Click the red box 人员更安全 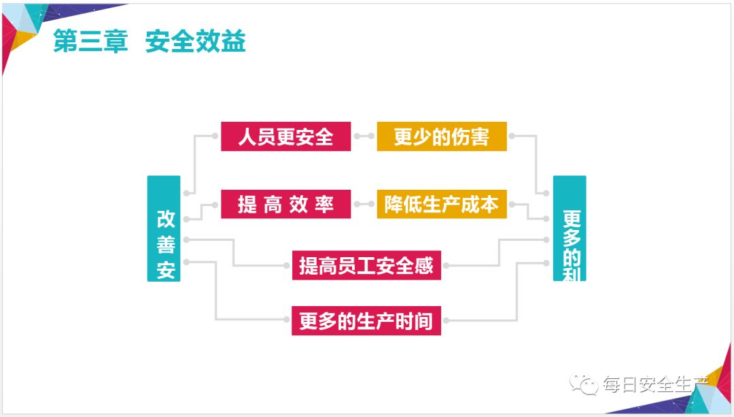285,137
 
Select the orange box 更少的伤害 442,137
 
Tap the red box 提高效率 285,204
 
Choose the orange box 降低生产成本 442,204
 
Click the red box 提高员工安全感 366,265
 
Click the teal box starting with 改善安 164,229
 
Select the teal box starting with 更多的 570,229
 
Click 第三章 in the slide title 90,42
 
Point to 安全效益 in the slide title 196,42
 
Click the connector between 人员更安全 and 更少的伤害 364,137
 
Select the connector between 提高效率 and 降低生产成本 364,204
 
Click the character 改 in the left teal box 166,219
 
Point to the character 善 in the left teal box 166,244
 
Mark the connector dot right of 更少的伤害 512,137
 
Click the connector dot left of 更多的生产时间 287,320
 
